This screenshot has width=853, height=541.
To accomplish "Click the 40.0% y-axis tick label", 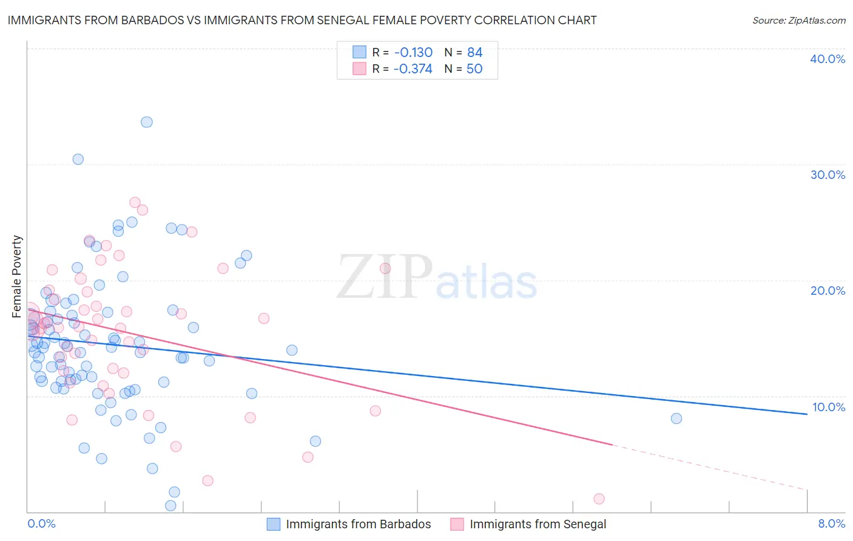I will [828, 59].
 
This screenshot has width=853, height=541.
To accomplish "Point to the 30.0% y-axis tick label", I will [828, 175].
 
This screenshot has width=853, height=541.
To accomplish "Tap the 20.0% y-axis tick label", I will [828, 291].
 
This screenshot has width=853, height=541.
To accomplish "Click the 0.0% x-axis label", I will [41, 523].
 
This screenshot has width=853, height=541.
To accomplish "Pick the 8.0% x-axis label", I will [831, 523].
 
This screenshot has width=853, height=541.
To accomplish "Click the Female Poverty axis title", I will [17, 277].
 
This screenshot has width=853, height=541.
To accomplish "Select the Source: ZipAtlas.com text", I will [799, 20].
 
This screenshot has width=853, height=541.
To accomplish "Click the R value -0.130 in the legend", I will [413, 53].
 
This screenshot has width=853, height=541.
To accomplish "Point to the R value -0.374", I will [413, 69].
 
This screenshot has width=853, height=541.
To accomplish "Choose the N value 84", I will [474, 53].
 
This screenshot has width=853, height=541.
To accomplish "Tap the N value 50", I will [474, 69].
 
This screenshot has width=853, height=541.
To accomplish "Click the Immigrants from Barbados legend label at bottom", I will [358, 524].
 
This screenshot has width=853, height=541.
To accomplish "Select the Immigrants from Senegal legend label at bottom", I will [538, 524].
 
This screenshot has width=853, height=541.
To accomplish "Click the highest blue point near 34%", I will [147, 122].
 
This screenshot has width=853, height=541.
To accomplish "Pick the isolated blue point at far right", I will [676, 418].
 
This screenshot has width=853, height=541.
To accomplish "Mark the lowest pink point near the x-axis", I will [599, 499].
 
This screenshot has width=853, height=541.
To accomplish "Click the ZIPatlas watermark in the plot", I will [437, 277].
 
